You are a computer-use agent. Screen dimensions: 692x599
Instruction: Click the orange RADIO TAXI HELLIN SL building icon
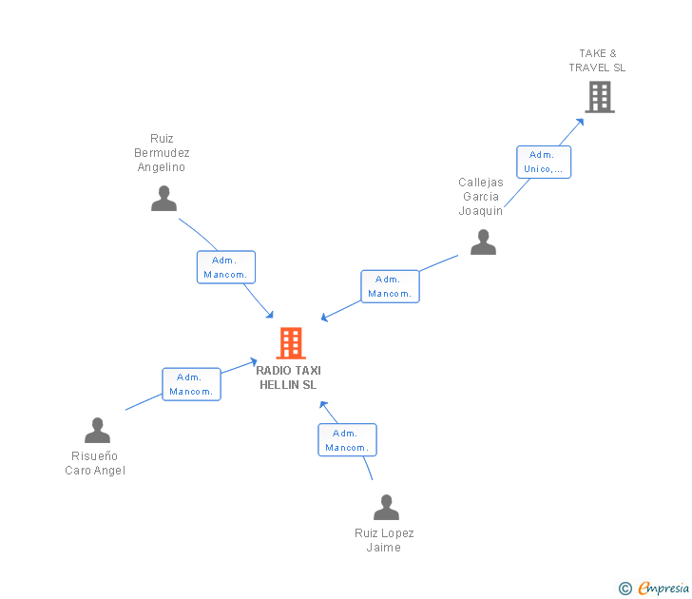290,342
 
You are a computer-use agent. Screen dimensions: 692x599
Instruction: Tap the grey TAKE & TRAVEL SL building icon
599,97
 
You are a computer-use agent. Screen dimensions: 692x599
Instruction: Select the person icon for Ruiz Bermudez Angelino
164,198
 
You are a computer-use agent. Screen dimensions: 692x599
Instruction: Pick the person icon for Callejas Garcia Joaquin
483,242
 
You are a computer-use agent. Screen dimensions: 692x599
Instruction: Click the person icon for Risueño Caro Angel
97,431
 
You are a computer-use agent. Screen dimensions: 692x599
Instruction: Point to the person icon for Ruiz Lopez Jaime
386,508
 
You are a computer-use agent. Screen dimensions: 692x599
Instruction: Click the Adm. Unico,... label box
543,162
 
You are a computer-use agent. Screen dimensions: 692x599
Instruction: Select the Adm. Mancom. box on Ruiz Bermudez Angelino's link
226,267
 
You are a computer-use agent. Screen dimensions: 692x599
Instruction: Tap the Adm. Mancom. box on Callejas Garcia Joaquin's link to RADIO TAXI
390,286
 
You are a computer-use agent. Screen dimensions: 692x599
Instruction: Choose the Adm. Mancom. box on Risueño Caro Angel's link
191,384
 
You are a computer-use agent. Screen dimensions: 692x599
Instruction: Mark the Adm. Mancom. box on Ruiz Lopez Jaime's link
347,440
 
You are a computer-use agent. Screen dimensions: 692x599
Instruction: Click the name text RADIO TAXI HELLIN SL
288,377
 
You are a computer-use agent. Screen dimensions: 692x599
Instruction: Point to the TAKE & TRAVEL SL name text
597,61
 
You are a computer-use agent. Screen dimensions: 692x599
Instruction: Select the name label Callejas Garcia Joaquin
480,197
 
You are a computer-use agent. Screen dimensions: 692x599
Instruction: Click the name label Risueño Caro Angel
95,463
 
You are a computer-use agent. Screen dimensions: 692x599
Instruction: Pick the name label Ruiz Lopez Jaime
384,540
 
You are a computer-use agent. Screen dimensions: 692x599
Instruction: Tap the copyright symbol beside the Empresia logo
625,589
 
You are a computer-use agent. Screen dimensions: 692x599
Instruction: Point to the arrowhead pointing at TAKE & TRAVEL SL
582,122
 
